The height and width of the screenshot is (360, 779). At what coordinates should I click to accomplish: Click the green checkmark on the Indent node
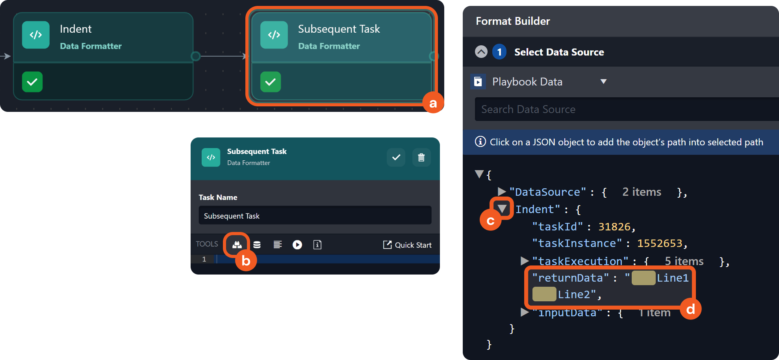point(32,82)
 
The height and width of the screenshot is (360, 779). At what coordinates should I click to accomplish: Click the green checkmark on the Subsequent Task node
point(271,82)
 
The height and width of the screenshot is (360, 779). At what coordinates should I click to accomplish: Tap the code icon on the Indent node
point(36,35)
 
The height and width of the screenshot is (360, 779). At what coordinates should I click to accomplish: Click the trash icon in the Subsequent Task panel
point(421,158)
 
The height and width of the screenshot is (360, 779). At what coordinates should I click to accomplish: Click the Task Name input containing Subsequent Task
point(315,215)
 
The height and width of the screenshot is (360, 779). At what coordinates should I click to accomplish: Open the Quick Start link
point(407,245)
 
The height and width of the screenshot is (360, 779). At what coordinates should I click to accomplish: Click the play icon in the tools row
point(297,245)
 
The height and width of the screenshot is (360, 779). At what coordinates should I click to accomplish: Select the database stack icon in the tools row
point(257,245)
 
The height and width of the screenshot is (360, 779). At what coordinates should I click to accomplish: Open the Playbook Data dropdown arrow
point(603,82)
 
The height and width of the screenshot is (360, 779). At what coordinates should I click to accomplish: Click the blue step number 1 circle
point(499,52)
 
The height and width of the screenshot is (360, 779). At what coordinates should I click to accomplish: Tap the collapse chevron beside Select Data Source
point(481,52)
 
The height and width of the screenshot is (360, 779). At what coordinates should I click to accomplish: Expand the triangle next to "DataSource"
point(502,192)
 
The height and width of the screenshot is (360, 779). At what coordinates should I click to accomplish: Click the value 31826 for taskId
point(614,227)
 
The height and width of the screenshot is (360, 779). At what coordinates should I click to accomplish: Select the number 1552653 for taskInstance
point(660,243)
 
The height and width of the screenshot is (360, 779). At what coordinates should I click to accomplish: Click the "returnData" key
point(570,278)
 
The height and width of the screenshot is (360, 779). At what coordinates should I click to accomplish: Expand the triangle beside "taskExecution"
point(525,261)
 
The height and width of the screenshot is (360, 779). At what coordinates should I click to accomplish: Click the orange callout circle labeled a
point(433,103)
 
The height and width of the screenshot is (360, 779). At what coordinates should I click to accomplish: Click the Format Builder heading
point(513,21)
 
